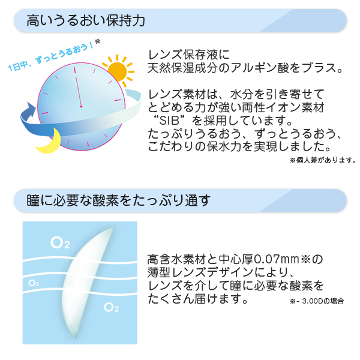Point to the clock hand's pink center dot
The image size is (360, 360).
coord(81,107)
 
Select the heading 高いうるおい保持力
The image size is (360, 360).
coord(86,20)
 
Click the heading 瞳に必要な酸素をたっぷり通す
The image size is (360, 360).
coord(118,200)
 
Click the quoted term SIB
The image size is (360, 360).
coord(169,121)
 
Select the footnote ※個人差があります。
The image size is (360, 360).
coord(323,160)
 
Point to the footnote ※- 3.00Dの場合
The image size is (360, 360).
coord(317,301)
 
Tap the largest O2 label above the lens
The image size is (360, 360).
coord(60,243)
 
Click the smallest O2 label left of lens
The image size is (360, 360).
coord(34,283)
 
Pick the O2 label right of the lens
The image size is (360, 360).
coord(112,307)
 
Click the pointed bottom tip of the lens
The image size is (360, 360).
coord(76,338)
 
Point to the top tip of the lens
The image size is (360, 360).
coord(113,228)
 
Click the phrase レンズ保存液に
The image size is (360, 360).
coord(188,55)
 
